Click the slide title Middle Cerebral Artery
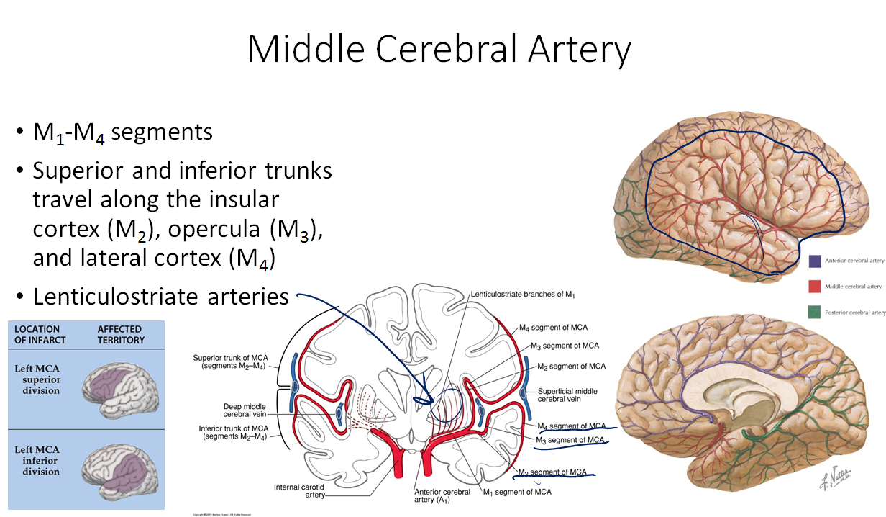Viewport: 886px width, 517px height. tap(439, 50)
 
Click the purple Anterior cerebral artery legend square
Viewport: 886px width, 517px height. tap(815, 261)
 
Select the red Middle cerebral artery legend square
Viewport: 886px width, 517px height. tap(815, 287)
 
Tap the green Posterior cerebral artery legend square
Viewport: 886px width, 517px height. tap(815, 312)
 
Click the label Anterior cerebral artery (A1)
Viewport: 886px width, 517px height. tap(442, 496)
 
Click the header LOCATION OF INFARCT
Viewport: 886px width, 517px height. tap(40, 335)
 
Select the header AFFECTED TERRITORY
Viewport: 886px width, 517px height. tap(121, 335)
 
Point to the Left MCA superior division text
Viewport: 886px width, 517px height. tap(37, 379)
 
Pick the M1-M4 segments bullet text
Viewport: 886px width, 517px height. tap(122, 132)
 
